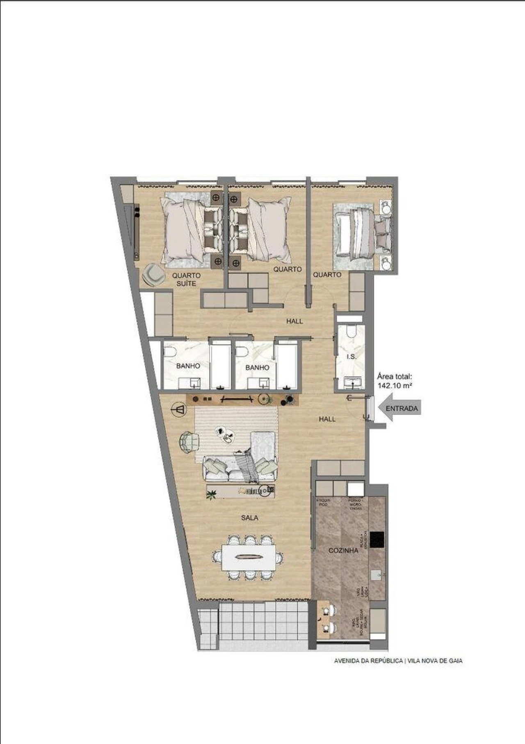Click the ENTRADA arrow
click(399, 408)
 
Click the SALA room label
click(249, 518)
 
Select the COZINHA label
click(343, 551)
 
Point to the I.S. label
click(352, 357)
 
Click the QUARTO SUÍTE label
click(186, 279)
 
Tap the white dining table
click(249, 557)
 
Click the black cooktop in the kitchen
click(377, 540)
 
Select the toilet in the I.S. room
click(351, 331)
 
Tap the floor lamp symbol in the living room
click(180, 410)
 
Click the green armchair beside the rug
click(189, 442)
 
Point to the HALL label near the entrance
click(327, 419)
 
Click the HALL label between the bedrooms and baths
click(294, 321)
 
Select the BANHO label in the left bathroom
click(188, 366)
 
